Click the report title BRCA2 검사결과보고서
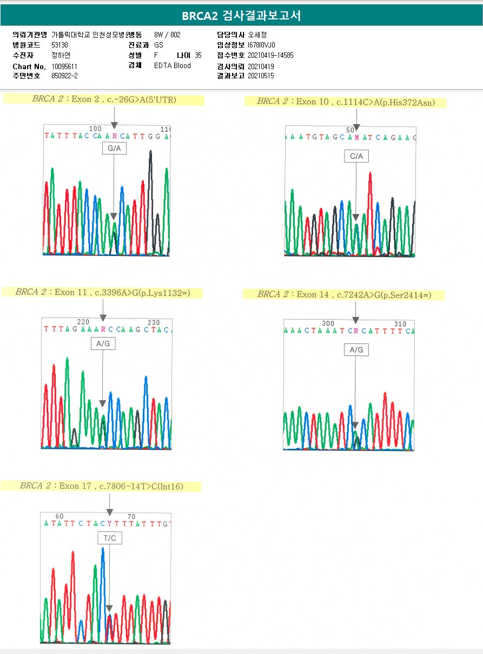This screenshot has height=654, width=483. click(241, 16)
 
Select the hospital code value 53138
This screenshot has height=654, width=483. click(59, 45)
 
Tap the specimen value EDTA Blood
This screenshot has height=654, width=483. click(172, 66)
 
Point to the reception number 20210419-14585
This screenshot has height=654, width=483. click(270, 56)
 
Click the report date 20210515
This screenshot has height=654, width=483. click(261, 76)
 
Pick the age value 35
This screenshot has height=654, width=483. click(198, 56)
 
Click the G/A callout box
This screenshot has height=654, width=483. click(114, 149)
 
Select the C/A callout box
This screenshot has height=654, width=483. click(356, 157)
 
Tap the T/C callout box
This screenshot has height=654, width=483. click(110, 538)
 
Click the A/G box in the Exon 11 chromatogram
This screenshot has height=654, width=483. click(103, 343)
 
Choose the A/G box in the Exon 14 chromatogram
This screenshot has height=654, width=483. click(356, 350)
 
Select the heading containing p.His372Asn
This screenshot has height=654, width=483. click(346, 102)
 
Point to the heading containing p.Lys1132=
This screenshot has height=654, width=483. click(102, 292)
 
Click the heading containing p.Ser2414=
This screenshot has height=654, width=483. click(344, 294)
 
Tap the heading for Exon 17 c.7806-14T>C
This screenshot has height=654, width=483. click(102, 486)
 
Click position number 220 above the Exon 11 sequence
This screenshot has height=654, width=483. click(83, 322)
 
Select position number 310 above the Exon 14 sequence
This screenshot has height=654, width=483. click(400, 324)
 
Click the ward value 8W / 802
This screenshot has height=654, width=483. click(167, 35)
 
